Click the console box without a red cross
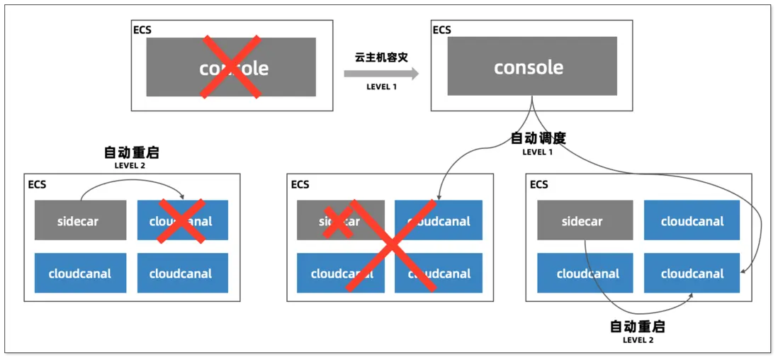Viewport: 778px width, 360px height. coord(531,66)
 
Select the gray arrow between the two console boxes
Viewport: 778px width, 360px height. coord(381,74)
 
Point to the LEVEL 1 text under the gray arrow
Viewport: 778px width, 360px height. coord(381,87)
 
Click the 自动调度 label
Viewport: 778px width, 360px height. coord(538,138)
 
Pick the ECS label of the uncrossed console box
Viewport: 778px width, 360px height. coord(441,30)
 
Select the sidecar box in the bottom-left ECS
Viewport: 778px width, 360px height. coord(80,220)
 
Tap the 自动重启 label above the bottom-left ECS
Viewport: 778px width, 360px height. coord(131,152)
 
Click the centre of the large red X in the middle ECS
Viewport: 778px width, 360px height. coord(389,246)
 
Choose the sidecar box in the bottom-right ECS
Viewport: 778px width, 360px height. coord(582,221)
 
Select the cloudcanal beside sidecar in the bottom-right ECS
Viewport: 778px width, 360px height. coord(692,221)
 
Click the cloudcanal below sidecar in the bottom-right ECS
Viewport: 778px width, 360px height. coord(587,274)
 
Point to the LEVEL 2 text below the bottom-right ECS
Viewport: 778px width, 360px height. coord(638,340)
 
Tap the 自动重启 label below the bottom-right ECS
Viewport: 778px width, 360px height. coord(638,327)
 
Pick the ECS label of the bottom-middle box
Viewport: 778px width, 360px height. coord(300,185)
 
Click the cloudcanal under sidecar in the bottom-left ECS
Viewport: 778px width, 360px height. coord(80,274)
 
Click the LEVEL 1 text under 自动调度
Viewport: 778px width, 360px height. coord(538,152)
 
